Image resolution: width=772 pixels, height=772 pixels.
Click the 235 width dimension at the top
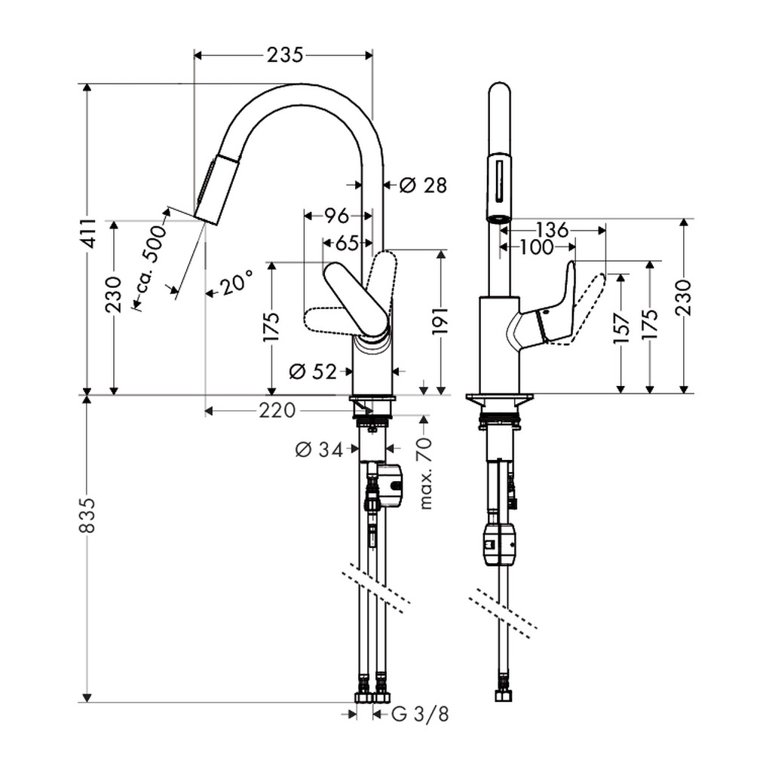tap(284, 54)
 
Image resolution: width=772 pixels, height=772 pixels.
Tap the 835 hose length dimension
tap(87, 515)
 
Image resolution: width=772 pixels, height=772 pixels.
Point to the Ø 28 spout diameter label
tap(422, 185)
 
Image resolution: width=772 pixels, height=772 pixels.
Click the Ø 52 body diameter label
tap(313, 371)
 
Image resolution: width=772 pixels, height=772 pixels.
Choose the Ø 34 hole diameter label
tap(319, 449)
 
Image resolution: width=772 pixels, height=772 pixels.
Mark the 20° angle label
tap(236, 283)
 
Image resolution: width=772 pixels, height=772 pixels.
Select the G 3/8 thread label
tap(421, 715)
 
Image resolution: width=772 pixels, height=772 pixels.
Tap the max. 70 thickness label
tap(425, 473)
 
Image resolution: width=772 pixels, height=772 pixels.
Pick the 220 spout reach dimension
tap(277, 410)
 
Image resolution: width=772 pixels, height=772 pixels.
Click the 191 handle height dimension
tap(440, 321)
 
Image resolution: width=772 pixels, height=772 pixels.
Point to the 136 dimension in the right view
tap(551, 230)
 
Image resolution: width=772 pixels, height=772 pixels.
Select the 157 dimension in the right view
tap(623, 328)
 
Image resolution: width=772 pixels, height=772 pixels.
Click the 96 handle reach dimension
tap(336, 216)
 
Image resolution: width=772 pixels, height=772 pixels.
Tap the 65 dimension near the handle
tap(347, 243)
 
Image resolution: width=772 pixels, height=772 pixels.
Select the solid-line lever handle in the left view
tap(356, 300)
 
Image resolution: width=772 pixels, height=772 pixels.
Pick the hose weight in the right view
tap(501, 544)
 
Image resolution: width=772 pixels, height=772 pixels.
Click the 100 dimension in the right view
tap(537, 247)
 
